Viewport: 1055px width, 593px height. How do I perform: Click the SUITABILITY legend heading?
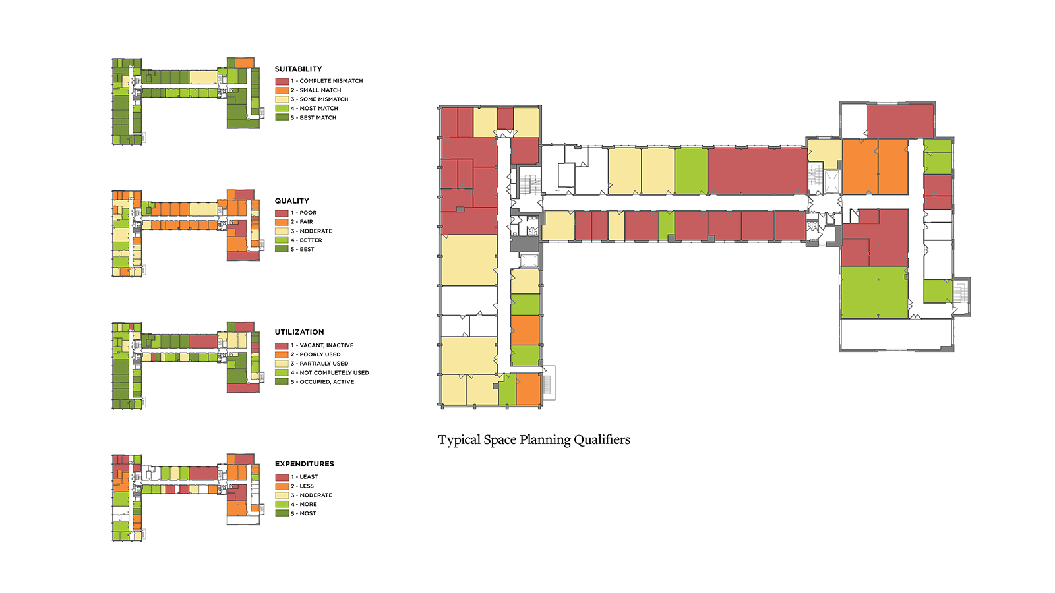[298, 69]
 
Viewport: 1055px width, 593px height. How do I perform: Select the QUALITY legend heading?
[292, 201]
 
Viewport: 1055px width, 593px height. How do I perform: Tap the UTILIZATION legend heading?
[299, 332]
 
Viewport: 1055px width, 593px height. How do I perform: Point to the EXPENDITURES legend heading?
[304, 464]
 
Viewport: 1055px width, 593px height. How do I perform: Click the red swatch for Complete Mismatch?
[282, 82]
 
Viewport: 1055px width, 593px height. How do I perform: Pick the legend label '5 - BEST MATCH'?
[313, 118]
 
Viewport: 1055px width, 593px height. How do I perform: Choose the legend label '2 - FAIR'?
[301, 221]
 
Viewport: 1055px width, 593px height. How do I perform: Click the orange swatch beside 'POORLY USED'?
[282, 354]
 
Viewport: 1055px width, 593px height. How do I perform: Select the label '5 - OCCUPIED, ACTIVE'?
[322, 381]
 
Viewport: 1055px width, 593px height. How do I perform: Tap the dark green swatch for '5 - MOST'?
[282, 513]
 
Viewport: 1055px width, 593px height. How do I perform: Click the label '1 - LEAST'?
[304, 477]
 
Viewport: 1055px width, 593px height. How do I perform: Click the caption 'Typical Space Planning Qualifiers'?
[534, 439]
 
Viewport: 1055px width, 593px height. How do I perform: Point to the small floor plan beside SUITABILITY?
[185, 101]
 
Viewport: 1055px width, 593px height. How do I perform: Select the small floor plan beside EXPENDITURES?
[185, 497]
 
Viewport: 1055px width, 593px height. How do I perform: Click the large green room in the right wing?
[874, 293]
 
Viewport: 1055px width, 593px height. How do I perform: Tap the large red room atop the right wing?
[901, 121]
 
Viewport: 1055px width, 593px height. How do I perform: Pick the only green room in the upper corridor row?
[691, 171]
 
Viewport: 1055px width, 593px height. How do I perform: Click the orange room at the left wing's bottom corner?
[528, 389]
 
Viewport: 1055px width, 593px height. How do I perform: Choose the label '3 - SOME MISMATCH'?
[319, 99]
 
